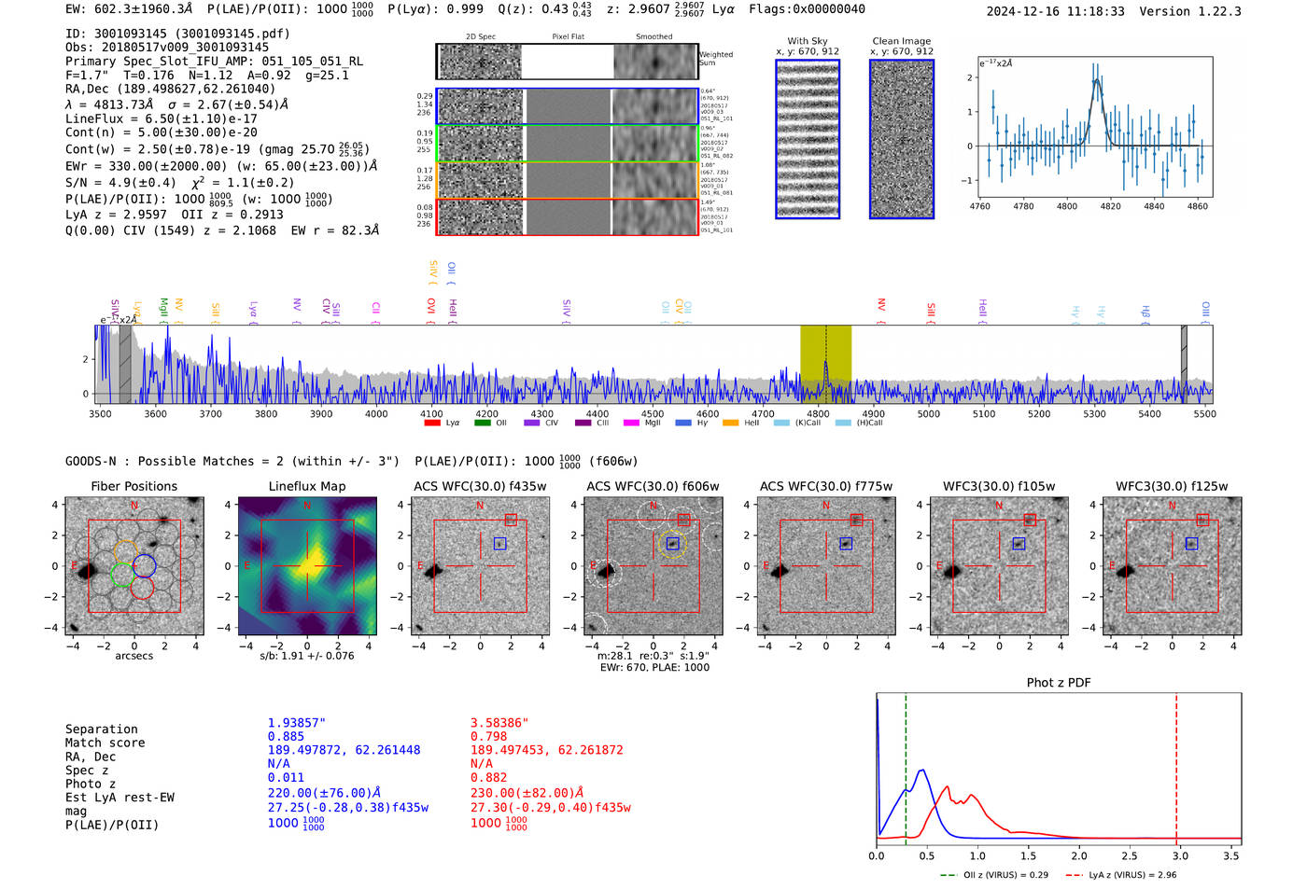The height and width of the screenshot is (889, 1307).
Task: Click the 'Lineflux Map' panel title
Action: tap(306, 486)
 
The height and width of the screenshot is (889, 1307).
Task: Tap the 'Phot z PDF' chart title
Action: tap(1059, 682)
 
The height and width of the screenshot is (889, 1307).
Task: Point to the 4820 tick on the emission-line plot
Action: tap(1110, 206)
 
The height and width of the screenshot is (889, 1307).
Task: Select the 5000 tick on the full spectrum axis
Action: tap(928, 413)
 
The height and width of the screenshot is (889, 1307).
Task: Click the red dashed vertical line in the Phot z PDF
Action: tap(1176, 765)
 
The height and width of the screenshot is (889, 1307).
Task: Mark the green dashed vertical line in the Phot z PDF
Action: tap(906, 765)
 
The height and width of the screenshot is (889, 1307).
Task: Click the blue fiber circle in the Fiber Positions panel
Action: tap(144, 565)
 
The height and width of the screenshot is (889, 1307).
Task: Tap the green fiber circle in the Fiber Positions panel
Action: tap(121, 575)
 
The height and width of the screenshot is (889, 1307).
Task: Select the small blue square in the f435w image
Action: tap(499, 543)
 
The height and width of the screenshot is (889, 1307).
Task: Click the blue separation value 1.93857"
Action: tap(297, 723)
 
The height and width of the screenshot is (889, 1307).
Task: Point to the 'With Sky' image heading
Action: tap(807, 41)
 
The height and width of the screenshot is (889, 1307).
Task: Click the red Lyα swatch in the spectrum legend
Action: tap(432, 423)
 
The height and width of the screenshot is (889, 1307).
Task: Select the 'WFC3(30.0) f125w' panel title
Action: tap(1172, 486)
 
